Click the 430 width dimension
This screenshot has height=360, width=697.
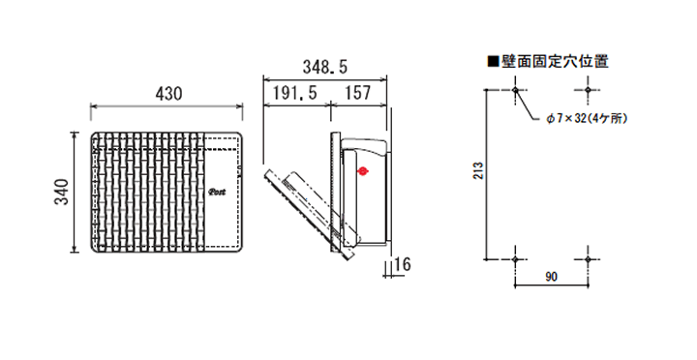[x=168, y=94]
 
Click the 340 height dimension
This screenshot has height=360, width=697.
[x=62, y=192]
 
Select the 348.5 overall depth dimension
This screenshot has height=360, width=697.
[x=325, y=67]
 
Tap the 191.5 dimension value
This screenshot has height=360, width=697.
[x=294, y=93]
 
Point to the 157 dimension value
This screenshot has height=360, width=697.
[x=357, y=93]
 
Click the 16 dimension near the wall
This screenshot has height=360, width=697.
[x=402, y=264]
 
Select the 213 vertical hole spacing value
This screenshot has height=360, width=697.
[x=478, y=170]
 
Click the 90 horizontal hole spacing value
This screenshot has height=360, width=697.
[x=551, y=278]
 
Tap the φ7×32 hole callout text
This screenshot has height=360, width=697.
[x=587, y=119]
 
